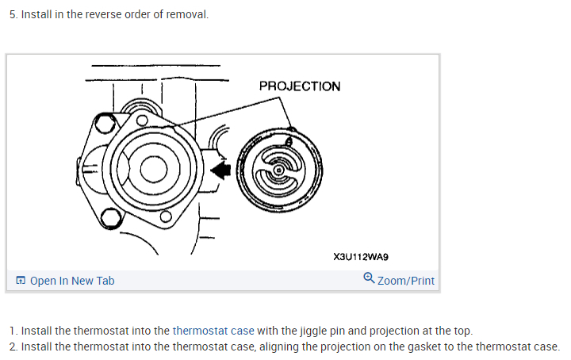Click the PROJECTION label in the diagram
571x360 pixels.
pos(299,86)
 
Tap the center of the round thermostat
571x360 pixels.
pos(278,170)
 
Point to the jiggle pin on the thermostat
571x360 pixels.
pos(289,140)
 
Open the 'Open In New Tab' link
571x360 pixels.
pos(72,281)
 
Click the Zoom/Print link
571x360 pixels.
pos(406,281)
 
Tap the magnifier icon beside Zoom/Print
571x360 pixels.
pos(369,279)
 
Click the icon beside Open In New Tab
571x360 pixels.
pos(21,281)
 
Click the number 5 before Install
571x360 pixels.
pos(12,15)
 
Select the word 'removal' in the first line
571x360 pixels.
pos(186,15)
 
